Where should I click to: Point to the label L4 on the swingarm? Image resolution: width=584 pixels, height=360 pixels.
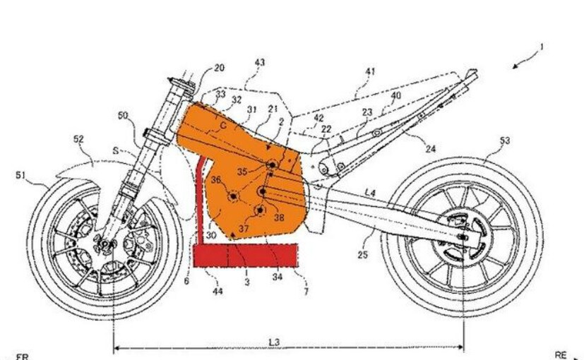click(370, 191)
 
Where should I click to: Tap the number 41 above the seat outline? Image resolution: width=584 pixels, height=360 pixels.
click(370, 71)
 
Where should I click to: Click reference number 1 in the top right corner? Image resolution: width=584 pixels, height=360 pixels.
click(541, 47)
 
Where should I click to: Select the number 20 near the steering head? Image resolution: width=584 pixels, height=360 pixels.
click(220, 68)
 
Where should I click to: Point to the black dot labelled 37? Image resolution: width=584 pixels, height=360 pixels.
click(259, 210)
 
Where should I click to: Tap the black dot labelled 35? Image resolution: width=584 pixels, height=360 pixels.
click(270, 165)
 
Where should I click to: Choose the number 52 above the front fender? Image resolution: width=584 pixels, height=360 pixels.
click(79, 140)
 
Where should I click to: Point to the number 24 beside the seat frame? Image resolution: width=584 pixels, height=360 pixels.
click(430, 149)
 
